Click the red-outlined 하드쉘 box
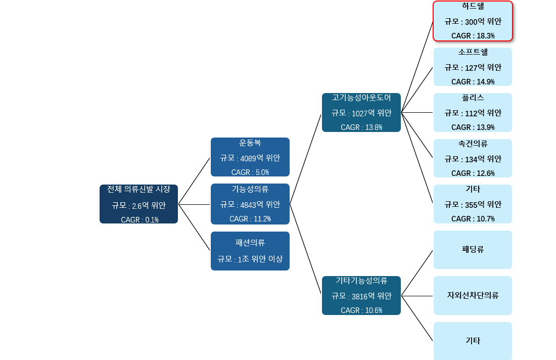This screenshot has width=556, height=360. [x=473, y=21]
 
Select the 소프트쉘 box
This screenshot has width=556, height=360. [x=473, y=67]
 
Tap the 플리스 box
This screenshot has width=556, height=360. [x=473, y=112]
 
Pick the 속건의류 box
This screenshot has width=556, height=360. [x=473, y=158]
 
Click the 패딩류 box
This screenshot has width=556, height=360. [x=473, y=250]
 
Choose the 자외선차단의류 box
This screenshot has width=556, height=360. [x=473, y=295]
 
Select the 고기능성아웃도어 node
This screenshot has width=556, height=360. [x=361, y=112]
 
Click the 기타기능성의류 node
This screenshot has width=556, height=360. [x=361, y=295]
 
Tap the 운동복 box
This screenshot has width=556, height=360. [x=250, y=157]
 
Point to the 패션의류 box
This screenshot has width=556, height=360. [x=250, y=251]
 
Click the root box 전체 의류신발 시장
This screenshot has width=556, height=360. [x=138, y=204]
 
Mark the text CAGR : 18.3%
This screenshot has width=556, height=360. [x=473, y=36]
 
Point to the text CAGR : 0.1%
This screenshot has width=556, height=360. [x=140, y=220]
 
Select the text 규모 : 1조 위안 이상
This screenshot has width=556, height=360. [x=250, y=259]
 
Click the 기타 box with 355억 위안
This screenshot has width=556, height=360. [x=473, y=204]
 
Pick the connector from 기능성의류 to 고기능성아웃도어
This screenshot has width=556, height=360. [x=305, y=159]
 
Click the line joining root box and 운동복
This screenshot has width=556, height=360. [x=194, y=181]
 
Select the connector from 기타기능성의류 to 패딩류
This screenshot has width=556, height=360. [x=417, y=273]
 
